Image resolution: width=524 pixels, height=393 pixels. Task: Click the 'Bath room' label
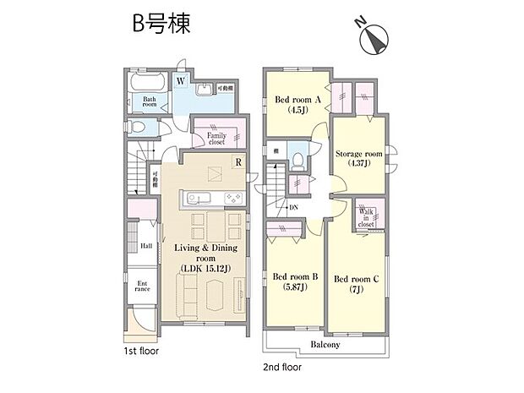pos(150,101)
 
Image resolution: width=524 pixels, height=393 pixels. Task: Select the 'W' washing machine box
pos(181,82)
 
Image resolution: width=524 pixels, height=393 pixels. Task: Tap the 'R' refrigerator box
pos(239,162)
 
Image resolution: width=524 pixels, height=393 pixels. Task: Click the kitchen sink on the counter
pos(194,199)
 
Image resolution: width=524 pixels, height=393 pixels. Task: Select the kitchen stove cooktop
pos(232,199)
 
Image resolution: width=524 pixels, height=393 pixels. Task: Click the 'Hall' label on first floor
pos(145,246)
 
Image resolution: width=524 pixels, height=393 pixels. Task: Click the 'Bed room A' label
pos(297,102)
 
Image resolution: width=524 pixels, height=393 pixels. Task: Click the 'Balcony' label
pos(324,345)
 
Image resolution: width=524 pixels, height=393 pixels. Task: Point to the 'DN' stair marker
pos(293,209)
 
